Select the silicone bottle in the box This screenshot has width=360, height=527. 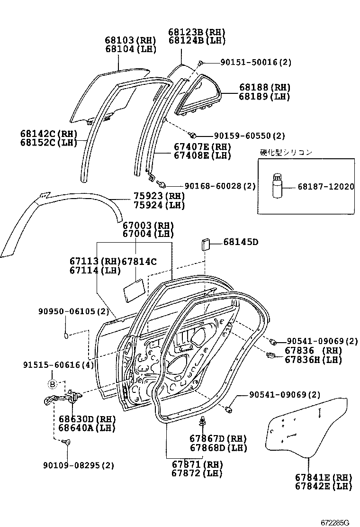(x=277, y=186)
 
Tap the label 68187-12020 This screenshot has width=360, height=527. (x=325, y=187)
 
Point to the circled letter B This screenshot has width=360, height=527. (x=53, y=384)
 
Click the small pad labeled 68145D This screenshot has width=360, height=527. (x=205, y=244)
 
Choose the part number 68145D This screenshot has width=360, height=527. (x=241, y=243)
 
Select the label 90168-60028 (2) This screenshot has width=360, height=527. (x=220, y=186)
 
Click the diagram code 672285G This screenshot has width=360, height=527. (x=333, y=522)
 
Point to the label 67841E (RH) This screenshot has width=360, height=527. (x=323, y=477)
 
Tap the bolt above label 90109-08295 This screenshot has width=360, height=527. (x=67, y=442)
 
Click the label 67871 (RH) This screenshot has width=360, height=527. (x=197, y=464)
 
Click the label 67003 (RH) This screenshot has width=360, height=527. (x=148, y=225)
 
